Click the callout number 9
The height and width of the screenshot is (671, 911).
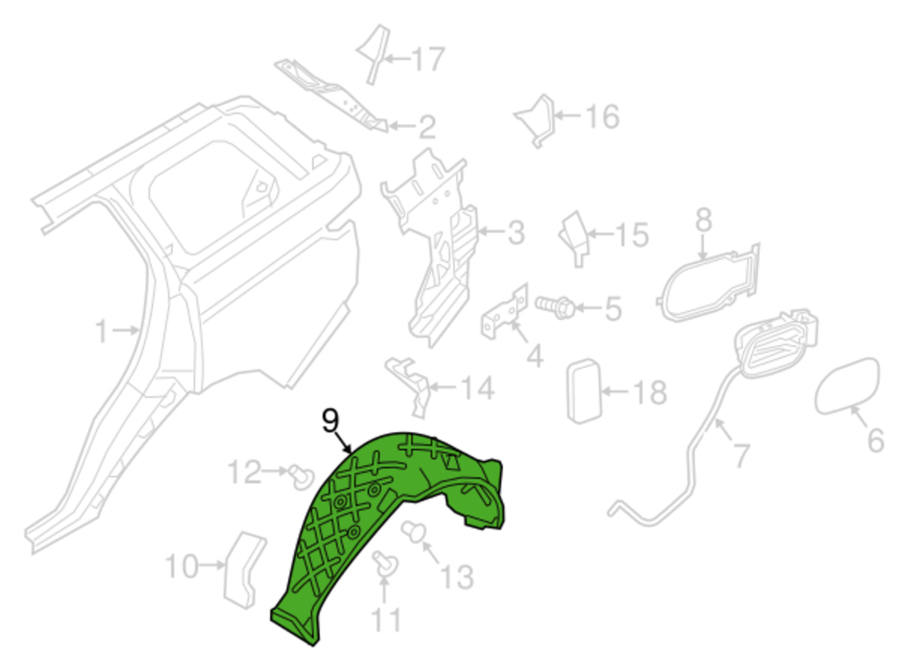[x=330, y=421]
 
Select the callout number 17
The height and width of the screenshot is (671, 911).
[x=429, y=59]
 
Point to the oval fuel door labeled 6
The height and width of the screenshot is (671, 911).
[x=847, y=387]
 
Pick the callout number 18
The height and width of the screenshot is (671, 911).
[x=650, y=392]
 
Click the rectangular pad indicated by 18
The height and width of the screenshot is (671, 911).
[x=584, y=391]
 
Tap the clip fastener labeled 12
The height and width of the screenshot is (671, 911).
[x=301, y=478]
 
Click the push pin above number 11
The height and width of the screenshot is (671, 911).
[x=385, y=564]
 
